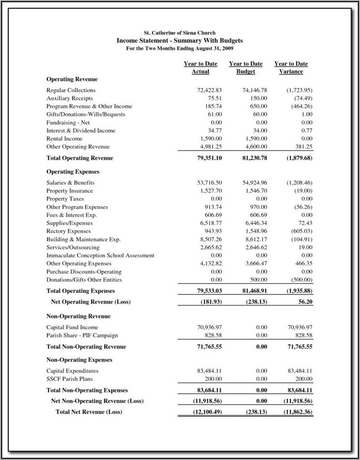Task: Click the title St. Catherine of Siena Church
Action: point(180,33)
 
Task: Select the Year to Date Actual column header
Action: point(200,68)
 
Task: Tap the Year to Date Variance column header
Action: point(291,68)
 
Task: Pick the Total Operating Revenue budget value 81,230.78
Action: point(255,158)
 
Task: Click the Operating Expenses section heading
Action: point(73,172)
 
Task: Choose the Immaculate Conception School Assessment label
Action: point(100,256)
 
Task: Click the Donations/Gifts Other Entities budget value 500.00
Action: point(259,280)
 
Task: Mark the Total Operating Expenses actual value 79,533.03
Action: point(209,291)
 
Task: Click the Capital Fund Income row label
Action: point(72,328)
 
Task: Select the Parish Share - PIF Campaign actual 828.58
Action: point(213,336)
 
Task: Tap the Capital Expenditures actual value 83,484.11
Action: point(209,371)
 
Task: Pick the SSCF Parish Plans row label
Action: point(69,379)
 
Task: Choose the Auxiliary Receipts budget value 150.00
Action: point(259,98)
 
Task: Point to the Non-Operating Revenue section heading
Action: point(78,316)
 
